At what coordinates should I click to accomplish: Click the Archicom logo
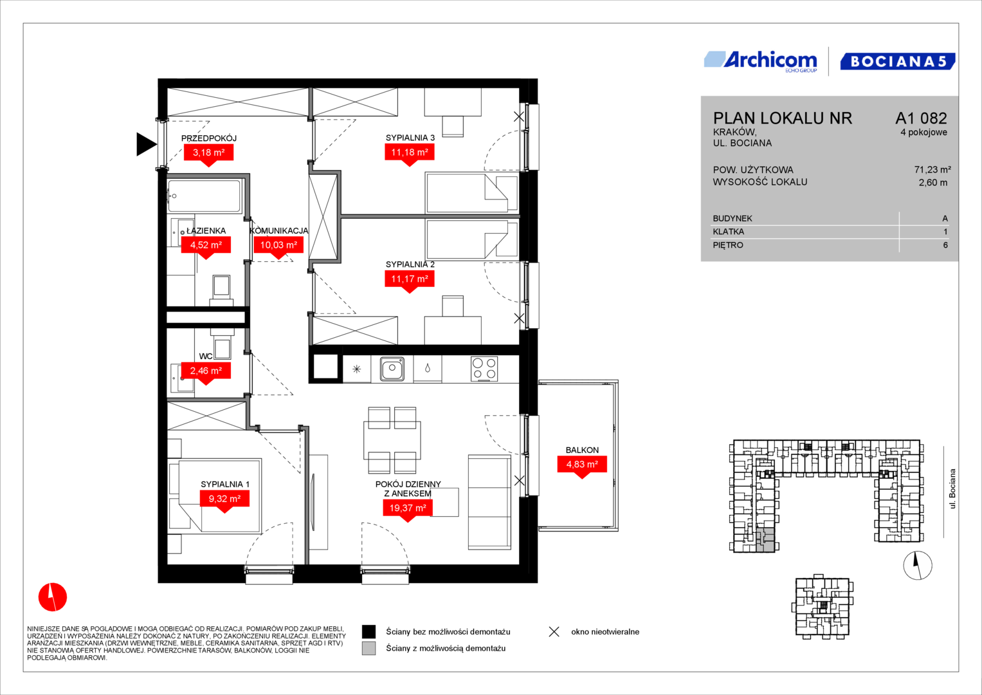click(761, 61)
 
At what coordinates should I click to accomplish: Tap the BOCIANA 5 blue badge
click(897, 61)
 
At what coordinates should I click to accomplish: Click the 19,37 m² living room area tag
click(408, 510)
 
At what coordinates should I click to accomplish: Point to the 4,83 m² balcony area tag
click(582, 466)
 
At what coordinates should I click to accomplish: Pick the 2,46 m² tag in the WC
click(206, 373)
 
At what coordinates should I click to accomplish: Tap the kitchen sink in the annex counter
click(392, 369)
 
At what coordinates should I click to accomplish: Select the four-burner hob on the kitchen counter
click(484, 369)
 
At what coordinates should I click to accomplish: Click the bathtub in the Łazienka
click(205, 196)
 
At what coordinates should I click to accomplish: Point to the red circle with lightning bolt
click(53, 597)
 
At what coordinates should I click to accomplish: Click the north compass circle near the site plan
click(918, 565)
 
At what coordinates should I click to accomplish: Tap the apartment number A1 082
click(921, 118)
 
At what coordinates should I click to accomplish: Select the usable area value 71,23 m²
click(932, 169)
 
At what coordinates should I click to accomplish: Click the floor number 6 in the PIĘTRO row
click(945, 245)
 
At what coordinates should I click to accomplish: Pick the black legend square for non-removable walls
click(368, 631)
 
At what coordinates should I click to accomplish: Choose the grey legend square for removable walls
click(368, 648)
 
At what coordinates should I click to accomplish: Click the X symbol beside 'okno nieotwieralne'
click(554, 632)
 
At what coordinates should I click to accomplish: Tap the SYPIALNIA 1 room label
click(225, 484)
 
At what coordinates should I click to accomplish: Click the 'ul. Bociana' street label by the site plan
click(952, 489)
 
